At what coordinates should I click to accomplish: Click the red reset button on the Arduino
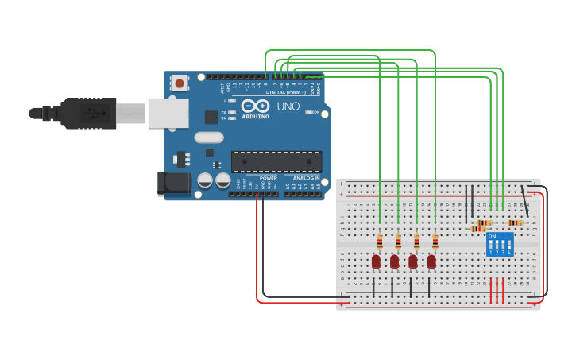[x=180, y=83]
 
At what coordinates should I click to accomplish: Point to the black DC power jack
[x=174, y=183]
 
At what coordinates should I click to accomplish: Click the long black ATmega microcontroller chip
[x=276, y=161]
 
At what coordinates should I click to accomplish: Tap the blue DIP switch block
[x=500, y=244]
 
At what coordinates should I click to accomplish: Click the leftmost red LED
[x=376, y=261]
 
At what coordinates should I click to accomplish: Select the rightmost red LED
[x=431, y=261]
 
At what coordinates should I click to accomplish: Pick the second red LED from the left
[x=394, y=261]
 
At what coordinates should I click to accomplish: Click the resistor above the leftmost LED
[x=380, y=241]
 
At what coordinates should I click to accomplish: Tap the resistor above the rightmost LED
[x=435, y=241]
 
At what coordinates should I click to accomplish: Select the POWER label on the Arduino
[x=268, y=178]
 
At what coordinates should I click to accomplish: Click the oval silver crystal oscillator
[x=209, y=137]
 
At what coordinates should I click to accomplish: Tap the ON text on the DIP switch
[x=493, y=237]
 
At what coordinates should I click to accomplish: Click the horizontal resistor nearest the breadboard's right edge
[x=516, y=223]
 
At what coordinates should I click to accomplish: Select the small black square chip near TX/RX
[x=211, y=117]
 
